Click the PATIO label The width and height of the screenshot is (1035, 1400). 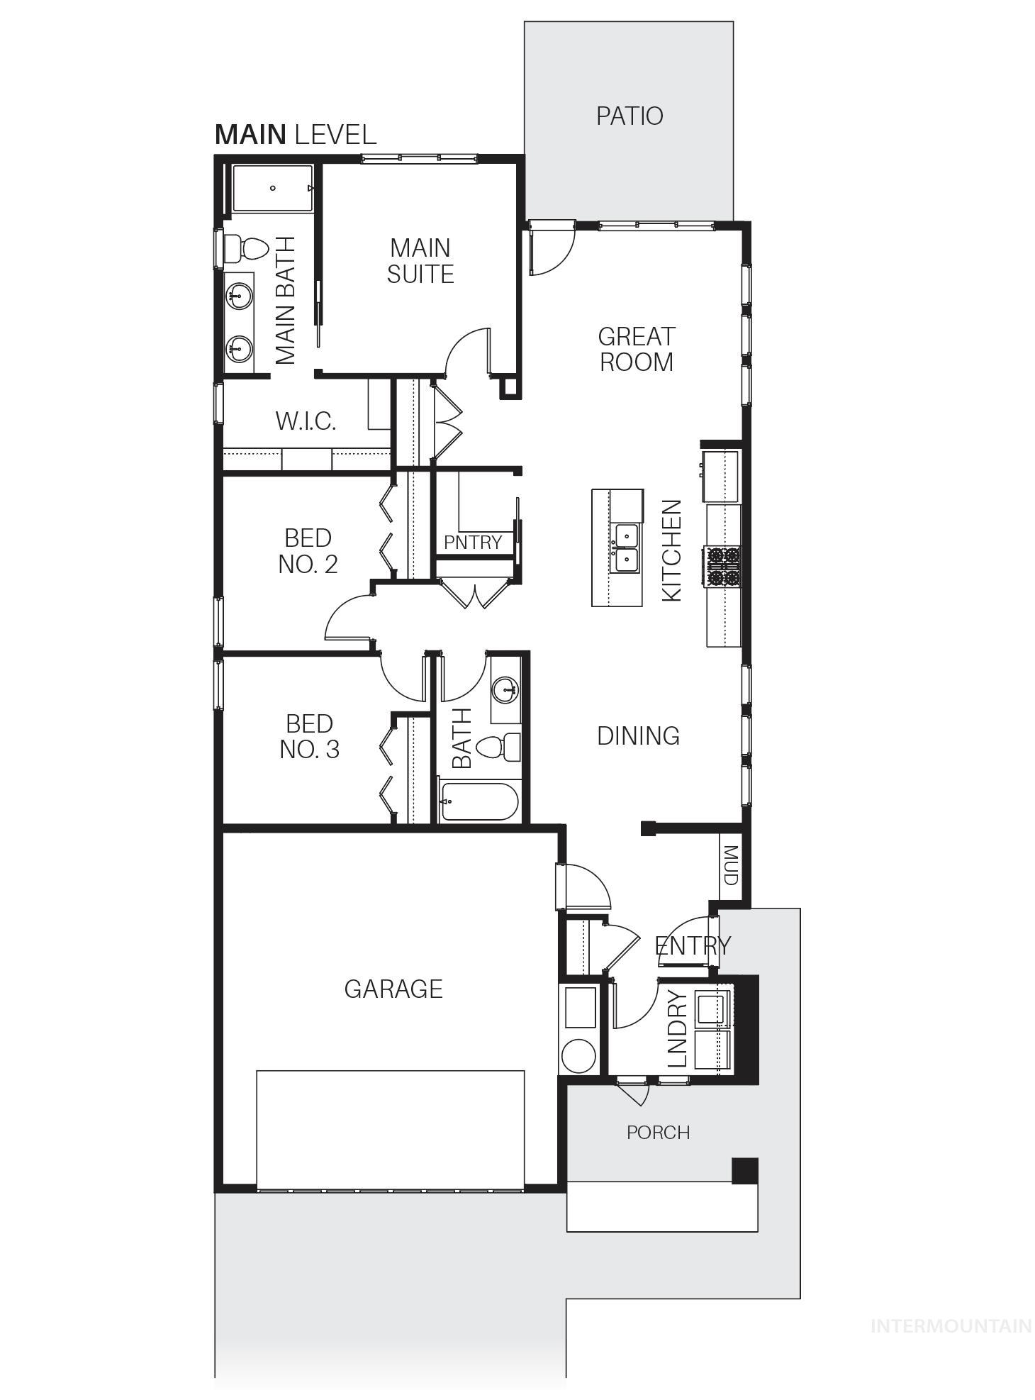tap(629, 116)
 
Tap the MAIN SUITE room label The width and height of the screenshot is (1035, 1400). tap(420, 261)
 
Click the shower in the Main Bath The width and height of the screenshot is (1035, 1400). tap(273, 188)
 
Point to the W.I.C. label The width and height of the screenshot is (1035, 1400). tap(306, 421)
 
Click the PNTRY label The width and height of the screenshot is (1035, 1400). tap(473, 543)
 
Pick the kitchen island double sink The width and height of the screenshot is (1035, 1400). tap(627, 548)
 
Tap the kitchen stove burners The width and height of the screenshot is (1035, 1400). tap(722, 566)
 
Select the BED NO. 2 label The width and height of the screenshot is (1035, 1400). tap(308, 550)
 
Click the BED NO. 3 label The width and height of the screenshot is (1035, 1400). tap(309, 736)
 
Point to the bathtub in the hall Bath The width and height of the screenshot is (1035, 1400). tap(479, 801)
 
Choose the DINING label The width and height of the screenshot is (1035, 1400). tap(638, 736)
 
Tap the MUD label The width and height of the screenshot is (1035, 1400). tap(730, 865)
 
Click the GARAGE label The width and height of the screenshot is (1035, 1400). tap(393, 989)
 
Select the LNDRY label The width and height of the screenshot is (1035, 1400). tap(678, 1029)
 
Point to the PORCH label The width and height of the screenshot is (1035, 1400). tap(658, 1133)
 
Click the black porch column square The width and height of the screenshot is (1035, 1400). tap(744, 1170)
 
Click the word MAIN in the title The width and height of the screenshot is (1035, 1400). tap(250, 135)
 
